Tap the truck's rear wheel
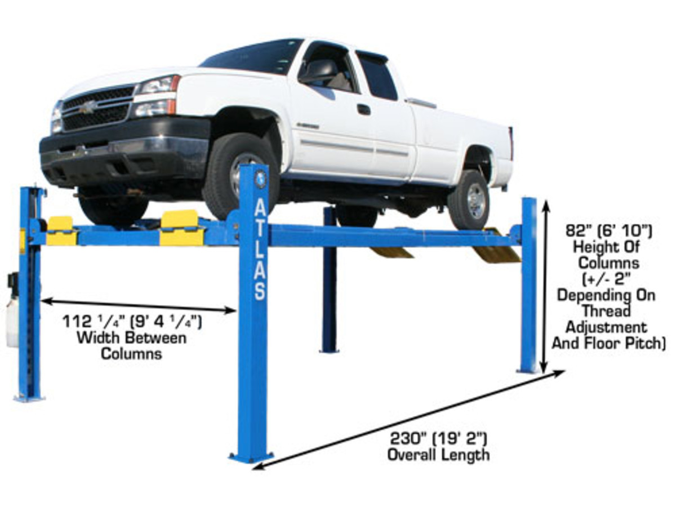(469, 199)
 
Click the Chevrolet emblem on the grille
(87, 107)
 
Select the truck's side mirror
(318, 72)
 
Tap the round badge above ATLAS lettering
(260, 179)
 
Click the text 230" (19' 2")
(438, 438)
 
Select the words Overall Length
(438, 454)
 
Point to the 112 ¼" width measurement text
(132, 323)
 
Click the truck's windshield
(253, 56)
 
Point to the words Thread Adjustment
(606, 319)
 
